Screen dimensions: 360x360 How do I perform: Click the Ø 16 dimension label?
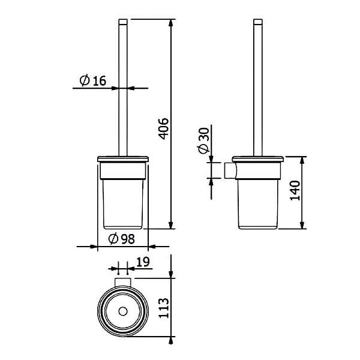pos(93,80)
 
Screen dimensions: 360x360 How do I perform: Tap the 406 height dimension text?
pos(164,128)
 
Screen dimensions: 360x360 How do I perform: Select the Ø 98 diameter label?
pos(121,239)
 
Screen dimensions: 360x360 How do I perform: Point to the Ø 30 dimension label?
pos(203,140)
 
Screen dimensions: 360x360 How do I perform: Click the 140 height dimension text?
pos(295,191)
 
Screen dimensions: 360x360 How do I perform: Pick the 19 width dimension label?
pos(143,262)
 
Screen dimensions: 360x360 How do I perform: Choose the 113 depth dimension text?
pos(164,308)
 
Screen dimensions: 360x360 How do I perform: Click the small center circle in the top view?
pos(123,311)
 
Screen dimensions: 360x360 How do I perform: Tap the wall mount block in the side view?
pos(229,170)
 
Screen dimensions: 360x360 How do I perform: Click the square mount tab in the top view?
pos(123,282)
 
